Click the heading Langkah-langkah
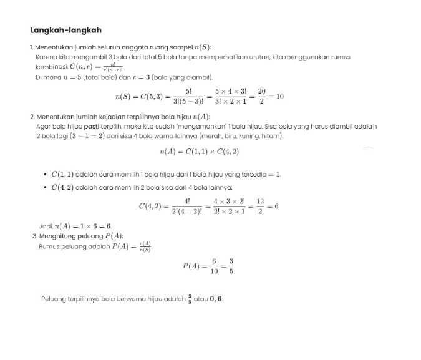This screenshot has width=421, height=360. click(x=65, y=30)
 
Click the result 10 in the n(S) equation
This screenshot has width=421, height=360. click(x=279, y=97)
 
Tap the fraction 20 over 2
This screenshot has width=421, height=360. click(x=262, y=97)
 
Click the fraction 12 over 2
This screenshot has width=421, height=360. click(x=260, y=206)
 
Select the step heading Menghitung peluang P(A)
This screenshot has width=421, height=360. click(x=81, y=236)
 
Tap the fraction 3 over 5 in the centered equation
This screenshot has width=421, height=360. click(x=231, y=266)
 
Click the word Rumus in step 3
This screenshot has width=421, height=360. click(x=49, y=246)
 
